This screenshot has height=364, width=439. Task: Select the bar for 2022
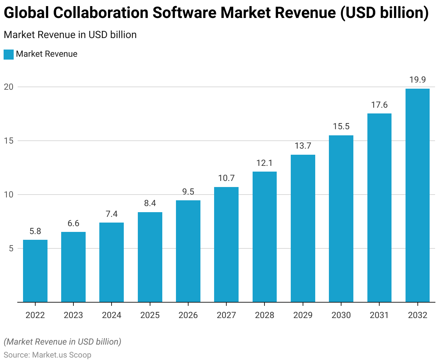35,271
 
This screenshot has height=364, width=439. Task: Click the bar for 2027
226,244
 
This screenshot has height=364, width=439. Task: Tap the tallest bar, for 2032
417,195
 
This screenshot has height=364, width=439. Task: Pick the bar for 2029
303,228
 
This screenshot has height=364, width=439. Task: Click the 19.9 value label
417,80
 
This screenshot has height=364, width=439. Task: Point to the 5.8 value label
35,231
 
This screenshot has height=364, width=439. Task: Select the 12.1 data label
264,163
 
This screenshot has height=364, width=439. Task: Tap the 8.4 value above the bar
150,203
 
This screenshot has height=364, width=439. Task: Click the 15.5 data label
341,126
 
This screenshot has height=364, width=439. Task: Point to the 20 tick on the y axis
9,87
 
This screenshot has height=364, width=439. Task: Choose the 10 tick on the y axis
9,195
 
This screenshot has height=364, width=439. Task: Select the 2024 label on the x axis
112,315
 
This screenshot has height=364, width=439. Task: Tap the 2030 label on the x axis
341,315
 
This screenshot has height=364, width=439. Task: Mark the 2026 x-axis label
188,315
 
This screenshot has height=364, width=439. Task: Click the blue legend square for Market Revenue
9,54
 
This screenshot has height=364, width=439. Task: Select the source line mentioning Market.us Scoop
47,355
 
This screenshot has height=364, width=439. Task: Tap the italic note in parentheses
62,342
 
